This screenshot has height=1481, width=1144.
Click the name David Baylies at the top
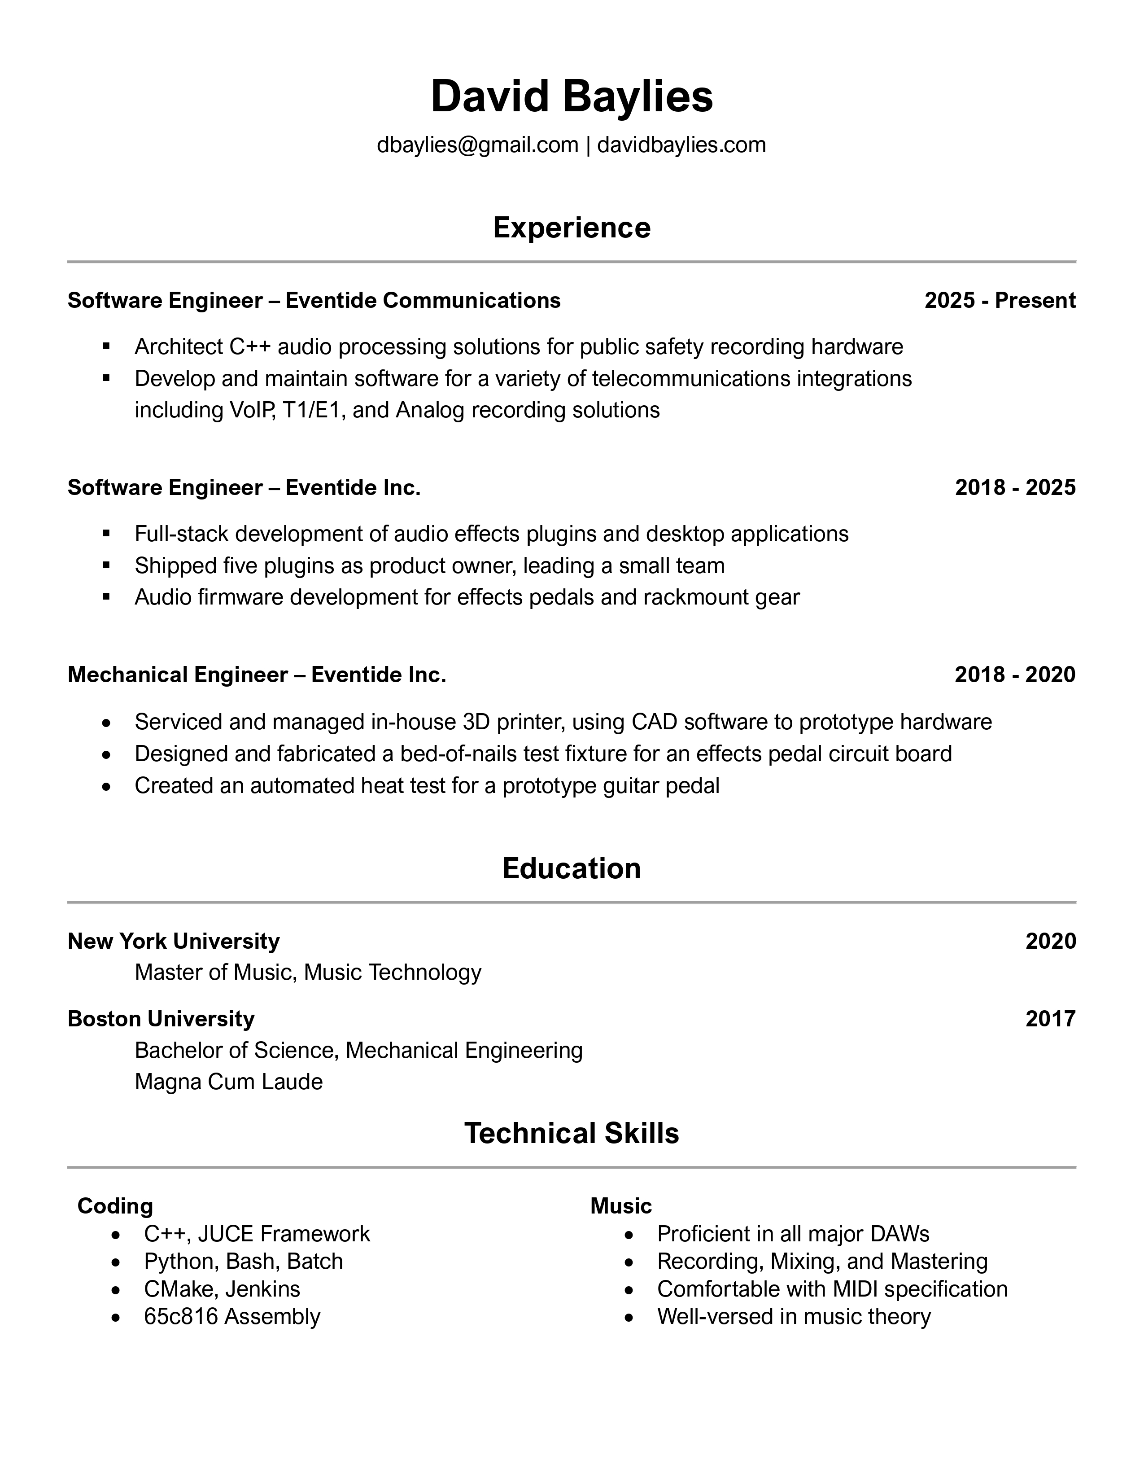tap(571, 96)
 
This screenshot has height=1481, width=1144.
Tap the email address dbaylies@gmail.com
tap(477, 145)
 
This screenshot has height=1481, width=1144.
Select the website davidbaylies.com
tap(681, 145)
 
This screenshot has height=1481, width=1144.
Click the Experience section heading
tap(571, 228)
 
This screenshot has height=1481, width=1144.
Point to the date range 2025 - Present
tap(1000, 300)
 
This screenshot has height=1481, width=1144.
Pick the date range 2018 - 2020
tap(1014, 675)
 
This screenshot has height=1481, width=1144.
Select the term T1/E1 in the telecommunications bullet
tap(314, 410)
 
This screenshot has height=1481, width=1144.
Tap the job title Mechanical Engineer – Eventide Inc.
tap(257, 675)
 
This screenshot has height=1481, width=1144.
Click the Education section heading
tap(571, 869)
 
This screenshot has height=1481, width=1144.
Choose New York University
tap(174, 941)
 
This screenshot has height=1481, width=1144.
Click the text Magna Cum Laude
tap(228, 1082)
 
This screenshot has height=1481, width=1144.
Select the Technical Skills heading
tap(571, 1134)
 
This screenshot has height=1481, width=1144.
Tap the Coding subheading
tap(115, 1206)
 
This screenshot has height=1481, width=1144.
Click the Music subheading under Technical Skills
tap(621, 1206)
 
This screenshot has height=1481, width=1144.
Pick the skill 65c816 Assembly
tap(232, 1317)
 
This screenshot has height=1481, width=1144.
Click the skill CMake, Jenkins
tap(222, 1289)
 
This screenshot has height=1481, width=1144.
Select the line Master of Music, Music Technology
tap(308, 973)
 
